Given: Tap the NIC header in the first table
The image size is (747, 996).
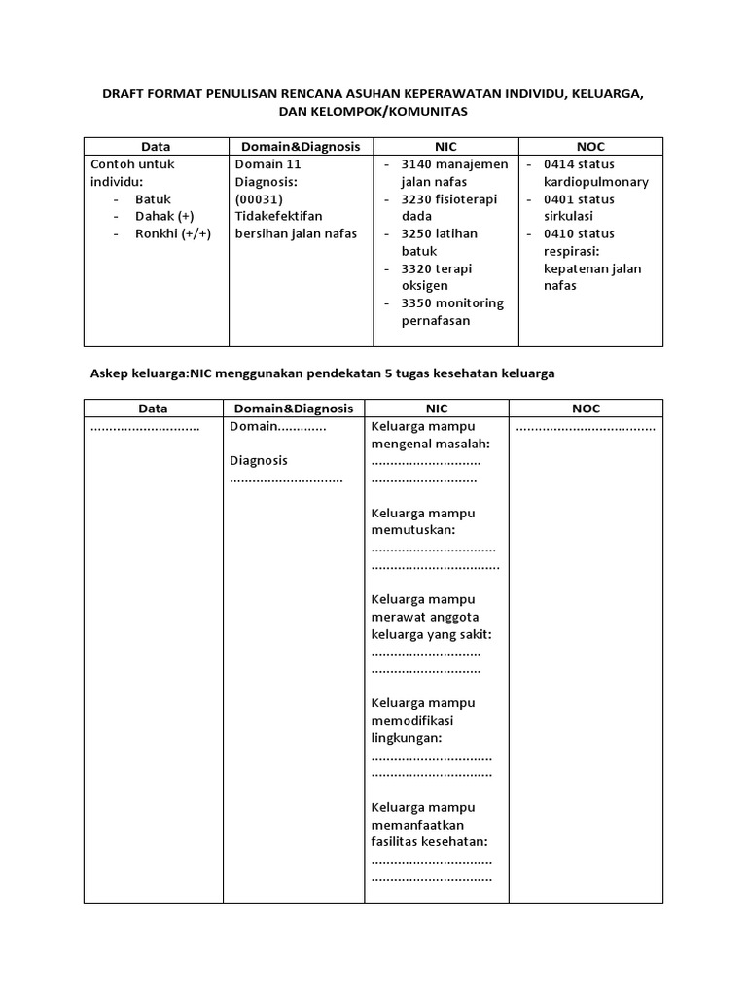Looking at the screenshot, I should [x=445, y=146].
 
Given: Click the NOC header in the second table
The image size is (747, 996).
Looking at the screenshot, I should [x=587, y=409].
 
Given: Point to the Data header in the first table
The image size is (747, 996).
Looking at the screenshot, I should [x=155, y=146].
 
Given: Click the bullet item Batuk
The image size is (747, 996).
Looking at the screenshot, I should [x=153, y=198].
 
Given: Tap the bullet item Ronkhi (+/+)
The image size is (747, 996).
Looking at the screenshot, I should [x=172, y=233].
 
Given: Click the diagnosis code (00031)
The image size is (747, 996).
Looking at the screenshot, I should [x=259, y=198].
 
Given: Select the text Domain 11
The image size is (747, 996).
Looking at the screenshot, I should [x=268, y=163].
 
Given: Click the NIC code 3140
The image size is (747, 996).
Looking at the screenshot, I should [x=420, y=163].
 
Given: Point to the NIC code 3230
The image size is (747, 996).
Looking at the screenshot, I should [x=420, y=198].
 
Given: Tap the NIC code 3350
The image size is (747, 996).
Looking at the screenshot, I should [x=420, y=302].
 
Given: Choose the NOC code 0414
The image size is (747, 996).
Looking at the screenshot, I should [x=563, y=163].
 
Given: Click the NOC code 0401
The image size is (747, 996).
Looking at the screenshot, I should [x=563, y=198].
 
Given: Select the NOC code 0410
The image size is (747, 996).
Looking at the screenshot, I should [x=563, y=233].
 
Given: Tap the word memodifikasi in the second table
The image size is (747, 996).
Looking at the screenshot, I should [x=412, y=721].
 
